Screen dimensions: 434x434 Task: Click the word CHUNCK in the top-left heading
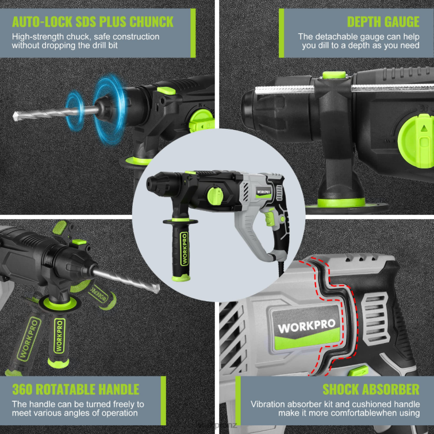(x=147, y=22)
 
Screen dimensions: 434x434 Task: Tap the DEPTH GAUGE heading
(x=383, y=22)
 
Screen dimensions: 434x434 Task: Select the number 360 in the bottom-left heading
(x=24, y=389)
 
